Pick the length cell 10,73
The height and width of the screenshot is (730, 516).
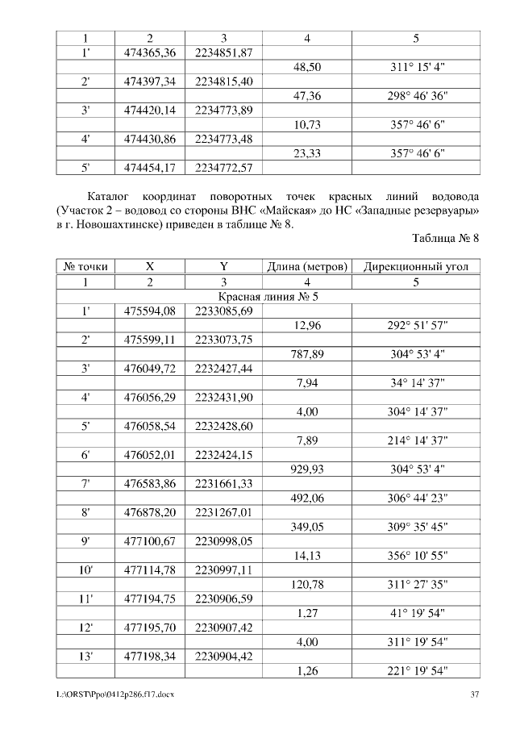(x=307, y=125)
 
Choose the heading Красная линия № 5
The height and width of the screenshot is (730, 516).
(x=268, y=296)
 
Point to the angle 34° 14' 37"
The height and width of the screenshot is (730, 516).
(x=417, y=383)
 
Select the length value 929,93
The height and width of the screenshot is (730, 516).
(x=307, y=469)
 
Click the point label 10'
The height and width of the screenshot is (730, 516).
(x=85, y=570)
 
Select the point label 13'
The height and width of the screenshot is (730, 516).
(x=85, y=657)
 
